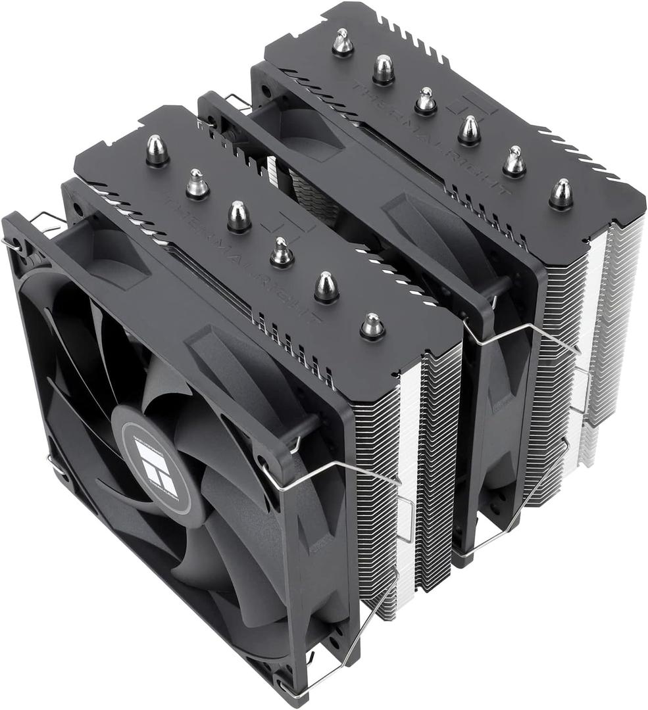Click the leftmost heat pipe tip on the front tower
tap(157, 150)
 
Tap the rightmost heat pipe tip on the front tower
tap(372, 325)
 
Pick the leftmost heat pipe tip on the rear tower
tap(342, 43)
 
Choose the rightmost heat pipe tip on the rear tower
tap(561, 194)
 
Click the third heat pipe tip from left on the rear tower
tap(426, 101)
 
